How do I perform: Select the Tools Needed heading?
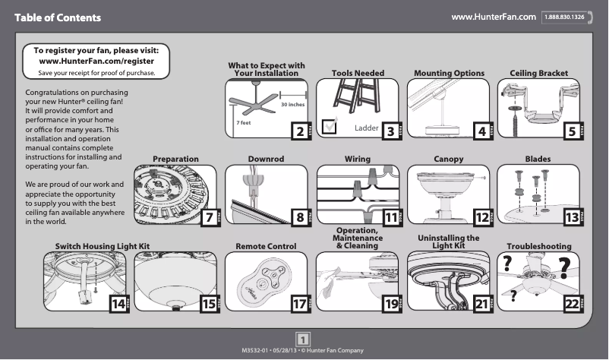click(x=358, y=74)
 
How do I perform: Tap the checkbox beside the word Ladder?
click(x=330, y=126)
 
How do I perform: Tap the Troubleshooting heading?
click(x=538, y=247)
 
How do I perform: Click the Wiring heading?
click(x=358, y=159)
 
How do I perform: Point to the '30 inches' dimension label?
click(x=292, y=104)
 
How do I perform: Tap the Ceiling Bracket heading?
click(x=538, y=74)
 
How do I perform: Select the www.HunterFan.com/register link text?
click(x=96, y=61)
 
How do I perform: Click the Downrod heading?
click(x=266, y=159)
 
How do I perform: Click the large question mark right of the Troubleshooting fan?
click(x=565, y=267)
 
